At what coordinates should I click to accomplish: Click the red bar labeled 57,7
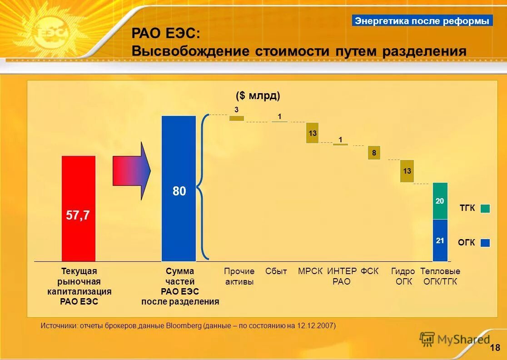click(x=79, y=209)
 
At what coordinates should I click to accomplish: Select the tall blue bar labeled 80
click(x=179, y=189)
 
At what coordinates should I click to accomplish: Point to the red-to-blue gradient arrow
click(x=132, y=171)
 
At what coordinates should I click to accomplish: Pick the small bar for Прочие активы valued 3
click(x=236, y=118)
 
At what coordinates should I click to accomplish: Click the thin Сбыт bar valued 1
click(x=279, y=122)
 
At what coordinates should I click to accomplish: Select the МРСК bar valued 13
click(x=312, y=133)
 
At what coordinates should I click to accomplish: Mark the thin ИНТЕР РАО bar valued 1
click(x=340, y=144)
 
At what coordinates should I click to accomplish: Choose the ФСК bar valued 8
click(x=374, y=153)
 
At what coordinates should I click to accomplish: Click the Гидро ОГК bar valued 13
click(x=407, y=171)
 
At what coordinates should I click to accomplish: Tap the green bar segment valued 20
click(x=440, y=201)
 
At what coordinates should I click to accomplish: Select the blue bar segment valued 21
click(x=440, y=240)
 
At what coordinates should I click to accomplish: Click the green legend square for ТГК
click(x=485, y=208)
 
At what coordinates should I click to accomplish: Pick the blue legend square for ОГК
click(x=485, y=243)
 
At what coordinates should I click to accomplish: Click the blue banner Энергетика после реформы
click(x=422, y=20)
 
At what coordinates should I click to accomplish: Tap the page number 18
click(x=495, y=348)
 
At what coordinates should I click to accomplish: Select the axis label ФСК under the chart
click(x=369, y=271)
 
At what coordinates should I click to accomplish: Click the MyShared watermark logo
click(x=454, y=339)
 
